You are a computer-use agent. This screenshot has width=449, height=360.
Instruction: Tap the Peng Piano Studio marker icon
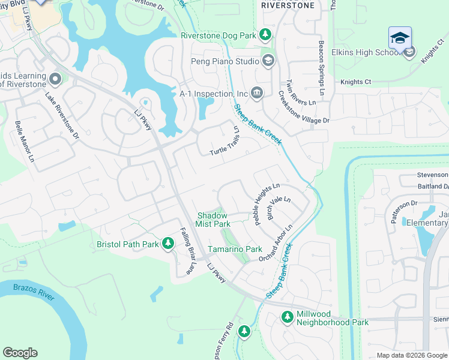pyautogui.click(x=268, y=60)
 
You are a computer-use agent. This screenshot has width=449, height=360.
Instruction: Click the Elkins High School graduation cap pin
pyautogui.click(x=400, y=38)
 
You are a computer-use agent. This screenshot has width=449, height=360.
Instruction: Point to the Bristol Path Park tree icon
pyautogui.click(x=169, y=244)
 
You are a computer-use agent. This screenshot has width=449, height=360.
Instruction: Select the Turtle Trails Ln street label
pyautogui.click(x=225, y=142)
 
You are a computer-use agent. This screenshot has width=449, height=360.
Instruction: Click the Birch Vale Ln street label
pyautogui.click(x=279, y=208)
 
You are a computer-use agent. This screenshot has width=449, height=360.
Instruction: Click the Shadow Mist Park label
pyautogui.click(x=213, y=219)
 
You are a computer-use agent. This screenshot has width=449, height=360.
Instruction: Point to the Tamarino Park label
pyautogui.click(x=235, y=248)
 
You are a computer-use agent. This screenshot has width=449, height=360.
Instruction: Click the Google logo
pyautogui.click(x=20, y=353)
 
